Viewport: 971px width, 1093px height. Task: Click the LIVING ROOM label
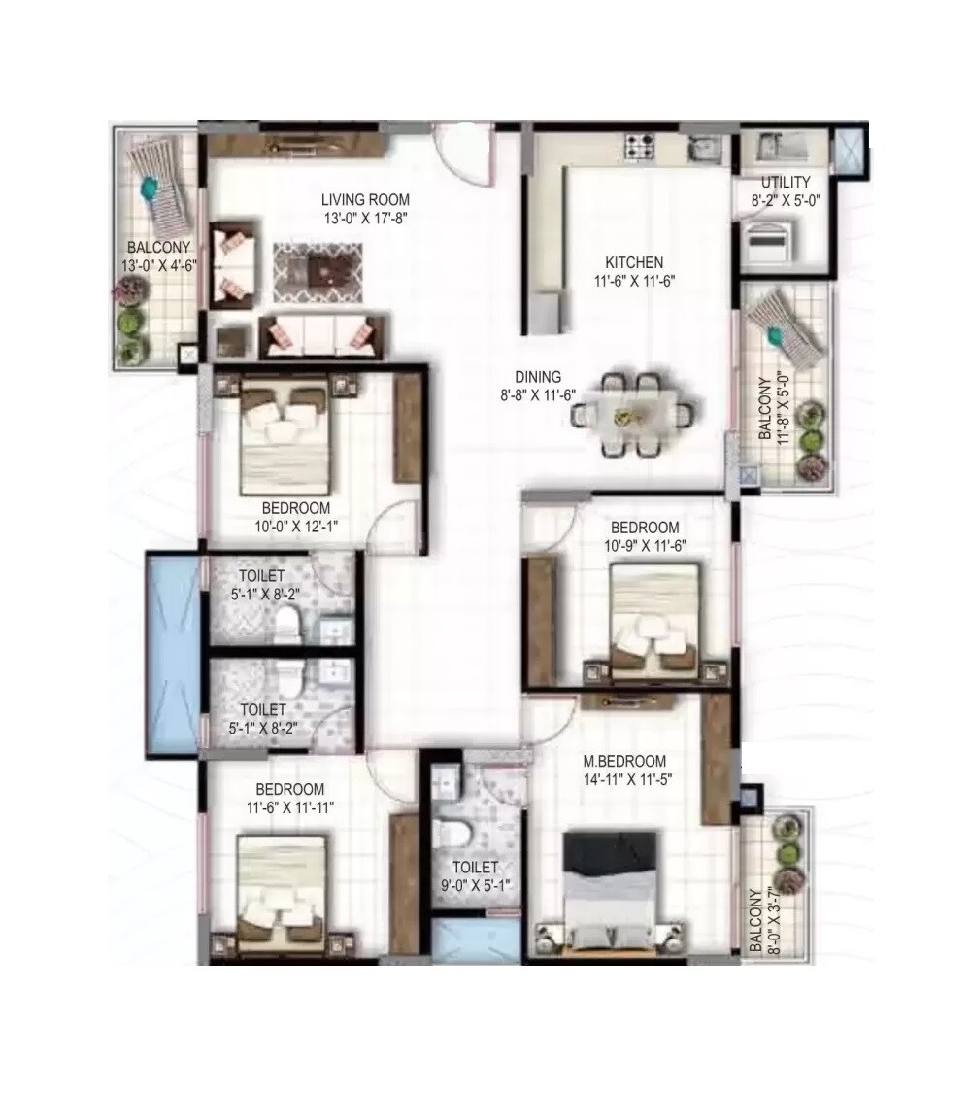(x=365, y=200)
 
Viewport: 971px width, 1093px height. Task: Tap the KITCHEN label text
(x=634, y=262)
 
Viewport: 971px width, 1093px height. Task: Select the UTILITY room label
(x=785, y=183)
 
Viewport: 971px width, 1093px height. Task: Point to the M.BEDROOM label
(x=625, y=761)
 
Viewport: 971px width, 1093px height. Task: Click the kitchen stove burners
(x=641, y=147)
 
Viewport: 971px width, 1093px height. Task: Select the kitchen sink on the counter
(x=704, y=147)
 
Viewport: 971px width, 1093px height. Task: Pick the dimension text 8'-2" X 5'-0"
(x=785, y=201)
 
